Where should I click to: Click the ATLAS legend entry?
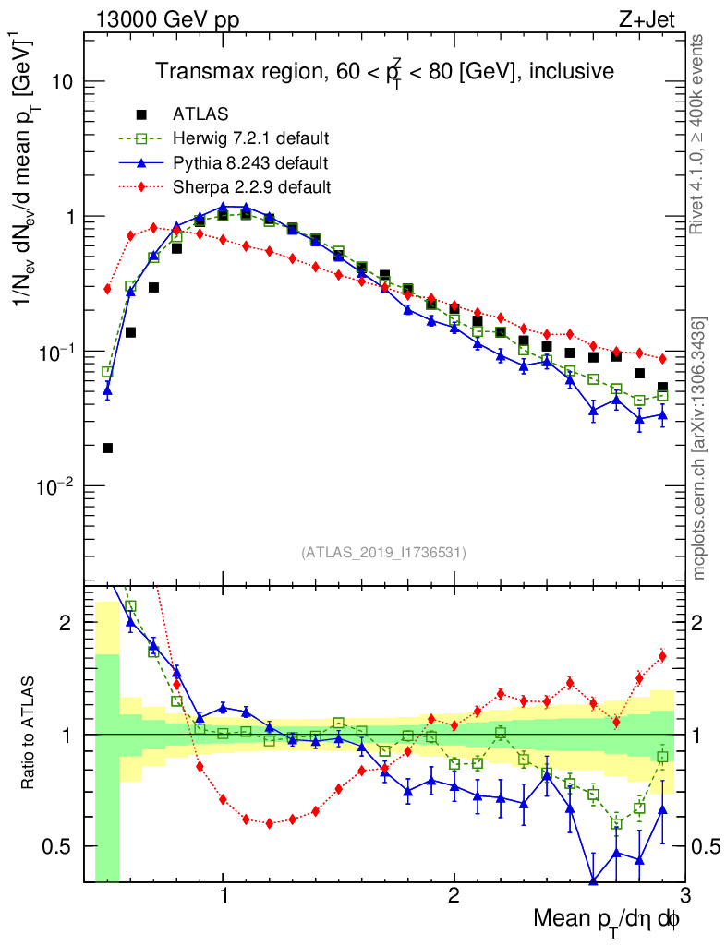[200, 114]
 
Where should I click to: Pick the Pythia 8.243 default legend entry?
[250, 163]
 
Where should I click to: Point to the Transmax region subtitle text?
[383, 71]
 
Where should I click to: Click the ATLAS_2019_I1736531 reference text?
[383, 553]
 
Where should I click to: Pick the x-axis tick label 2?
[454, 895]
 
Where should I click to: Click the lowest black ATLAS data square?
[107, 449]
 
